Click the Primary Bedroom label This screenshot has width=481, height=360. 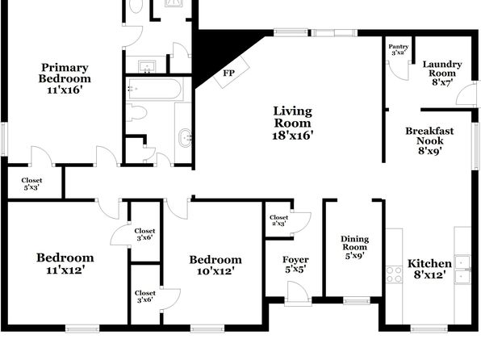coord(65,78)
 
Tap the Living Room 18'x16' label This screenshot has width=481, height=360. coord(293,123)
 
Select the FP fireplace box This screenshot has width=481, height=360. coord(232,72)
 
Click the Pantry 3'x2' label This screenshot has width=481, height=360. coord(399,49)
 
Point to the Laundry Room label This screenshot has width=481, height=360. coord(442,69)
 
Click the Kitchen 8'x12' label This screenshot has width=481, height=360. coord(429,269)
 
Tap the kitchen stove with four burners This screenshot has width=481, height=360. coord(394,274)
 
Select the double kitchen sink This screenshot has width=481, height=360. coord(462,270)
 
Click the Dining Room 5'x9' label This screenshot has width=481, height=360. coord(354,247)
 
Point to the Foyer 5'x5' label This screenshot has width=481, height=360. coord(295,265)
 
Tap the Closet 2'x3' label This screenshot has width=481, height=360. coord(278,220)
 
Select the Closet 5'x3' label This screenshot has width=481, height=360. coord(31,183)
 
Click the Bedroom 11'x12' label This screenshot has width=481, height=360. coord(65,263)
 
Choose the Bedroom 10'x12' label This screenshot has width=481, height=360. coord(215,266)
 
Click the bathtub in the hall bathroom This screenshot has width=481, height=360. coord(155,89)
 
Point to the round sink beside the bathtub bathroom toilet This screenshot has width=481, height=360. coord(186,138)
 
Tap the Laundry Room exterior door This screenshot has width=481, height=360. coord(466,94)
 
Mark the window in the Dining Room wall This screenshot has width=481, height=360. coord(357,300)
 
